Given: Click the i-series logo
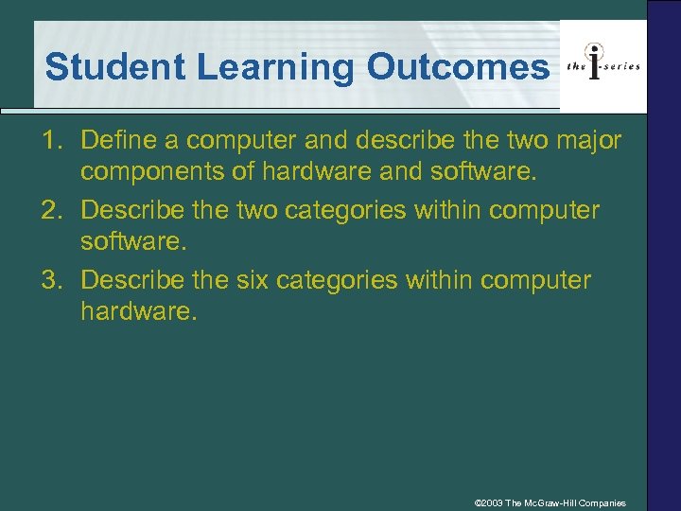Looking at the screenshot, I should point(602,64).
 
